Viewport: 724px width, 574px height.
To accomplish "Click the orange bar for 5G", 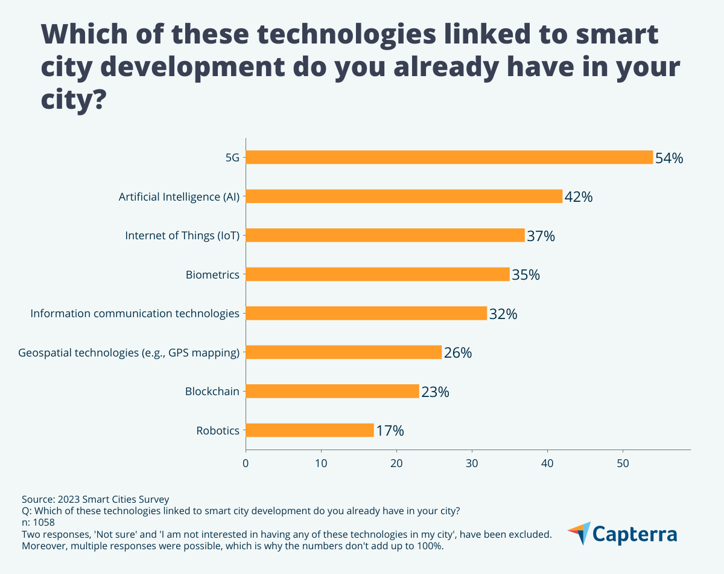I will click(x=449, y=157).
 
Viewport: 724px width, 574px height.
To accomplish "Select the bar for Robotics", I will click(x=310, y=430).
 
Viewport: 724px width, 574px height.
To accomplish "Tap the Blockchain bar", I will click(x=332, y=392).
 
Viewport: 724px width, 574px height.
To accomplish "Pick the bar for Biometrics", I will click(x=378, y=274).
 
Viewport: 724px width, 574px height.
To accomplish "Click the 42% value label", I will click(x=579, y=197).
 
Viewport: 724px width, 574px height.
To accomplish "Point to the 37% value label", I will click(x=541, y=236).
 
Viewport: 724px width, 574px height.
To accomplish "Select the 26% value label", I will click(x=458, y=353).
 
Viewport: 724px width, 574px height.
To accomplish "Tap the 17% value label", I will click(x=390, y=431).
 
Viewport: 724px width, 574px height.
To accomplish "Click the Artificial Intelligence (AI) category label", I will click(x=179, y=197).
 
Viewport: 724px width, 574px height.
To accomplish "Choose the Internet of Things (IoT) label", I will click(x=182, y=236).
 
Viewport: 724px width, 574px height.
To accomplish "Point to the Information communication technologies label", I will click(x=135, y=314).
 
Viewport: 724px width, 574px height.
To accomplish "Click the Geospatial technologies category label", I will click(x=129, y=353).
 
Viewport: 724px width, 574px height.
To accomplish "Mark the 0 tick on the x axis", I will click(x=246, y=463).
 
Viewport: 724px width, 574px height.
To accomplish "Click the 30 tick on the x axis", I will click(x=472, y=463).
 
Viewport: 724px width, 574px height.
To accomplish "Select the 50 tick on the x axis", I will click(x=623, y=463).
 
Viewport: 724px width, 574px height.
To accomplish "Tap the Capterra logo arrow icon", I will click(x=579, y=533).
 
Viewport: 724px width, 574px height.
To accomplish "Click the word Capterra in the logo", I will click(x=635, y=535).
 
